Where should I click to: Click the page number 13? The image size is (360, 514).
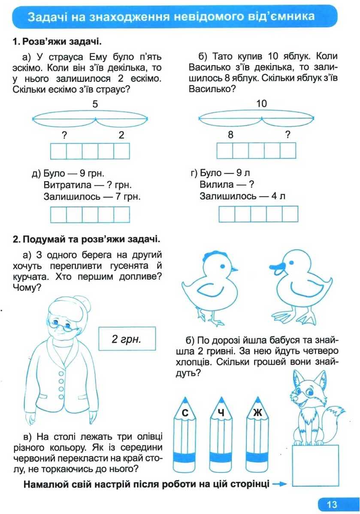click(332, 504)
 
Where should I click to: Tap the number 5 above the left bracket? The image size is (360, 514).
click(95, 104)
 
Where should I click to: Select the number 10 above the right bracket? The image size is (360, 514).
click(261, 104)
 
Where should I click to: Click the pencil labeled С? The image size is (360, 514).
click(185, 437)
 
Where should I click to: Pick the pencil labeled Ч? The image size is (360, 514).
click(221, 437)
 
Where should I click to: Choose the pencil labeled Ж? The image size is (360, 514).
click(257, 437)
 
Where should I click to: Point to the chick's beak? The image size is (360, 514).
click(234, 270)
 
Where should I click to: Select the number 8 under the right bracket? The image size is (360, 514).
click(230, 135)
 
